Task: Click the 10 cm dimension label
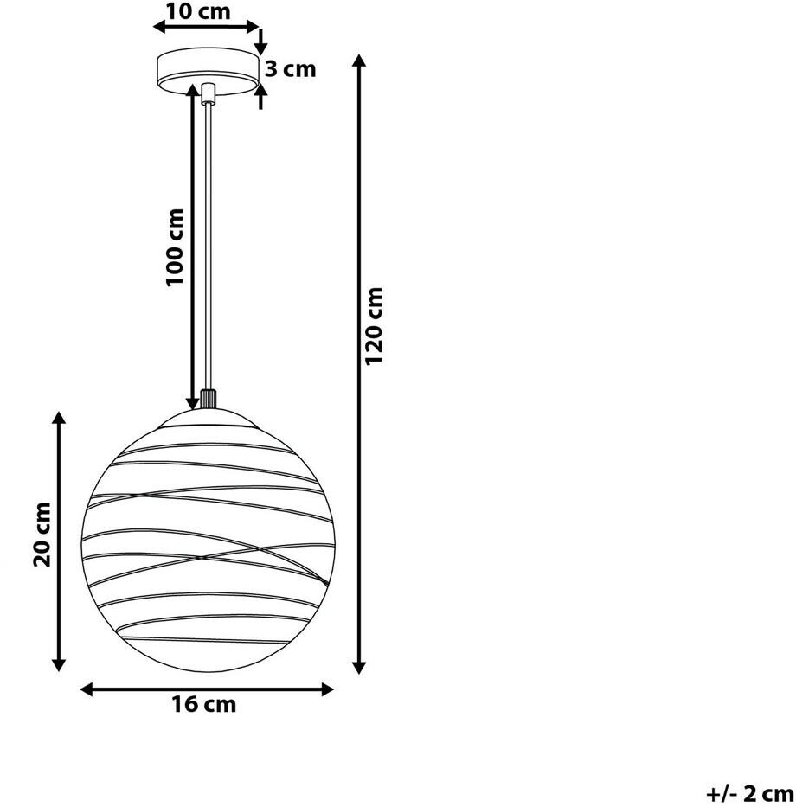(198, 10)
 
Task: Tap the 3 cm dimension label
(291, 68)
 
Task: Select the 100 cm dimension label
(175, 247)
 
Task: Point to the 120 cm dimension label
(374, 326)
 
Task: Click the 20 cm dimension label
(42, 535)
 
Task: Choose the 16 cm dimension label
(204, 704)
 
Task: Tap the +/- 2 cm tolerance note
(749, 794)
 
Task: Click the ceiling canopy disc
(208, 72)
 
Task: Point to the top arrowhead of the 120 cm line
(359, 61)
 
